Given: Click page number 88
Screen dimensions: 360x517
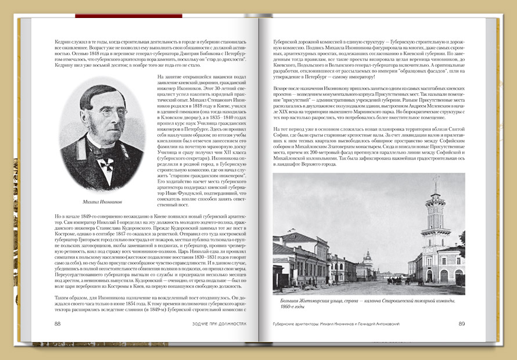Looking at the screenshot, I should (58, 323).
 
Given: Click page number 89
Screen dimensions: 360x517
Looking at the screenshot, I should (461, 323).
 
